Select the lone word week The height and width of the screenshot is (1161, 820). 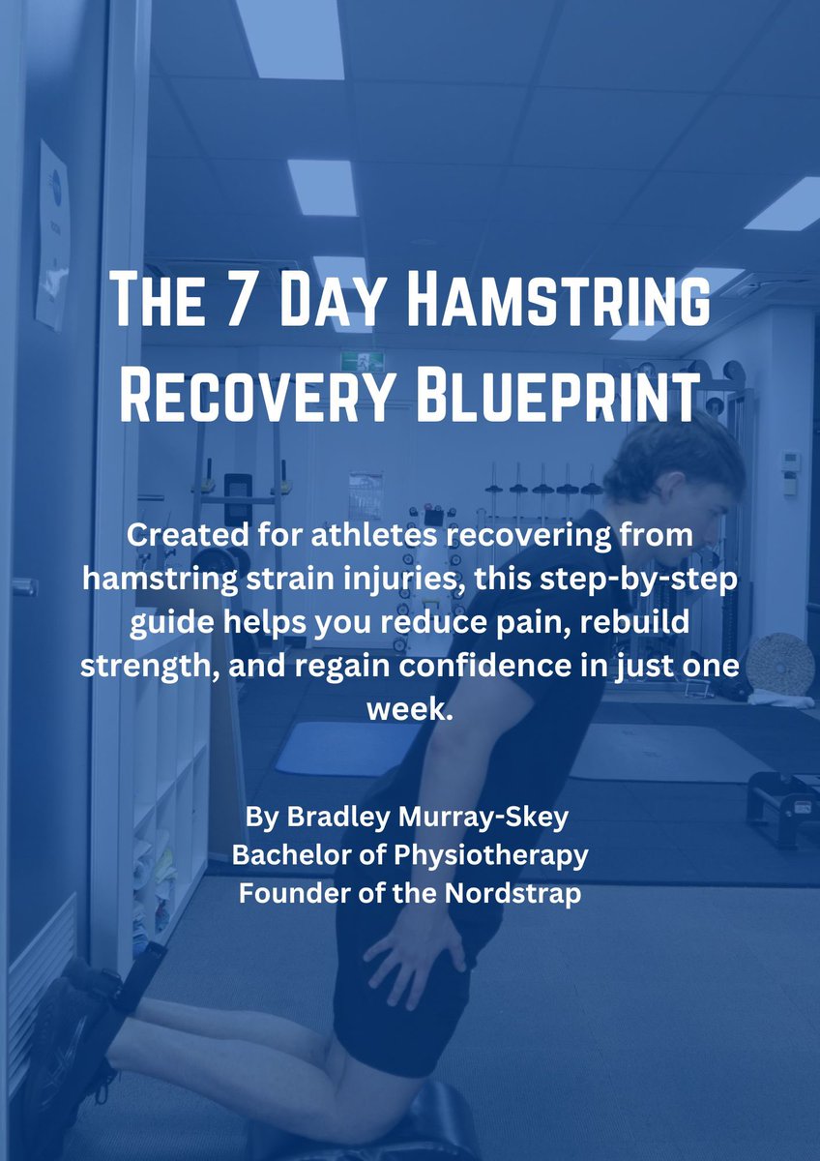coord(410,708)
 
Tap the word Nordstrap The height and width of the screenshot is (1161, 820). coord(512,893)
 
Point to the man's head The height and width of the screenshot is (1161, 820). coord(677,474)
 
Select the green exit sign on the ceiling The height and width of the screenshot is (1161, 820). coord(362,362)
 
